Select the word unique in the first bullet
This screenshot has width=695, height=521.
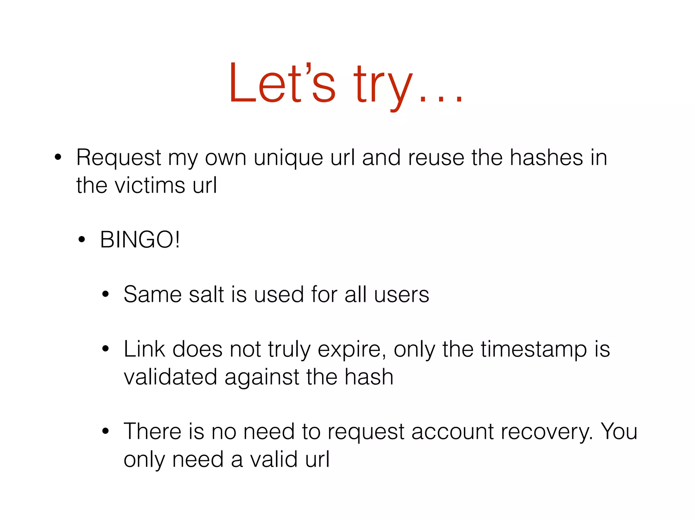288,159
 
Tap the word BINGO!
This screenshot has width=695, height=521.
140,240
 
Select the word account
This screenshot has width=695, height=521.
453,432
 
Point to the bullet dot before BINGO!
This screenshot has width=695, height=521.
81,240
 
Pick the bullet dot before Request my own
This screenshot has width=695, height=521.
58,158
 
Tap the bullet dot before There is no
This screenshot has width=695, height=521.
106,431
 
